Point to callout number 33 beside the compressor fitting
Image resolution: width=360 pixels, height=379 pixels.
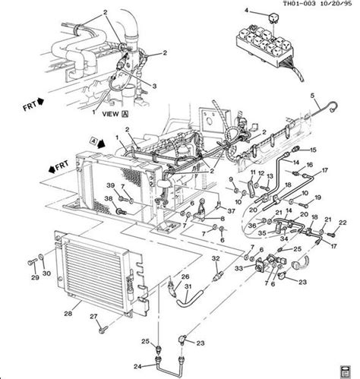click(238, 267)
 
